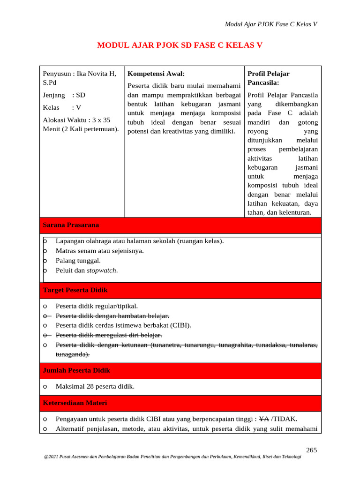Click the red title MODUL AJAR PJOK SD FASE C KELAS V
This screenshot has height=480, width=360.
tap(180, 45)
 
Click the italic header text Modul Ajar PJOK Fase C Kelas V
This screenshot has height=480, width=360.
tap(271, 24)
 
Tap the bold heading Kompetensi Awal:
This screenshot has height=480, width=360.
tap(156, 74)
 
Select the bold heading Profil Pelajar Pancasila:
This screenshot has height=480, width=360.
tap(269, 78)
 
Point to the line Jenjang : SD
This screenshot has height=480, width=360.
tap(64, 95)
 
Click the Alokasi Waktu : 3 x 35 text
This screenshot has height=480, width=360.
tap(76, 120)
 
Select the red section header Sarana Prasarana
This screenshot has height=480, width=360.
tap(71, 225)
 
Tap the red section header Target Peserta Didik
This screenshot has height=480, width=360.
tap(75, 290)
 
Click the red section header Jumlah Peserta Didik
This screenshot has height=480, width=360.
tap(76, 370)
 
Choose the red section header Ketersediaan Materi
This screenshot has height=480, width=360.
tap(75, 403)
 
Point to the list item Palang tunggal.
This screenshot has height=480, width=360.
tap(78, 261)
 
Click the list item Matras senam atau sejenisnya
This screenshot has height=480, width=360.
tap(99, 251)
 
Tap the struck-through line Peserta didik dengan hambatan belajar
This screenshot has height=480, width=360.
tap(112, 315)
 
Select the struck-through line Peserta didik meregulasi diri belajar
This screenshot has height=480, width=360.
tap(109, 335)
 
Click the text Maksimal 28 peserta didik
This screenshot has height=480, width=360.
tap(95, 387)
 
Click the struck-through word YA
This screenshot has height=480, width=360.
tap(264, 419)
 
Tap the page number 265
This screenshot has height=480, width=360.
tap(312, 450)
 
